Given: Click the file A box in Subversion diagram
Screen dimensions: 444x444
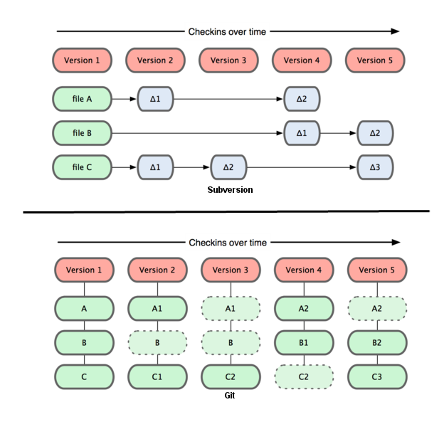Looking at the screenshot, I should pyautogui.click(x=82, y=99).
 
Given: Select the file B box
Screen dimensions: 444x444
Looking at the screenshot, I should pyautogui.click(x=82, y=132).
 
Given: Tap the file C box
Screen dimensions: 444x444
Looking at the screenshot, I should pyautogui.click(x=82, y=168).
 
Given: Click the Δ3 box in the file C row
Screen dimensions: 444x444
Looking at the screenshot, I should pyautogui.click(x=375, y=168).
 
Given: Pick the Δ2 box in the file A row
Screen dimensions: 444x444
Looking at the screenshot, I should pyautogui.click(x=302, y=99).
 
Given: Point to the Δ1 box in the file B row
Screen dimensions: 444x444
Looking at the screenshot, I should pyautogui.click(x=302, y=132).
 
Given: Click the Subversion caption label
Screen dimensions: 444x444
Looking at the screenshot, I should pyautogui.click(x=230, y=190).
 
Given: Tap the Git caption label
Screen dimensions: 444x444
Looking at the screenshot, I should pyautogui.click(x=229, y=395).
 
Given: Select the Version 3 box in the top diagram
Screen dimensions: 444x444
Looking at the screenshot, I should pyautogui.click(x=228, y=60).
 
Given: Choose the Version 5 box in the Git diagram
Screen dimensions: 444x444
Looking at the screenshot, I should pyautogui.click(x=376, y=270).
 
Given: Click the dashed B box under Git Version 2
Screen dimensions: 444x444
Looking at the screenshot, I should pyautogui.click(x=157, y=342).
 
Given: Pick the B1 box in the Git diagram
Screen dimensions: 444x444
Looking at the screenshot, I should pyautogui.click(x=303, y=342).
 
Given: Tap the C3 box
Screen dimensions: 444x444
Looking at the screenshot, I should pyautogui.click(x=376, y=376).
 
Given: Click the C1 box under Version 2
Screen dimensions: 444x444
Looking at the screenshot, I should pyautogui.click(x=157, y=376).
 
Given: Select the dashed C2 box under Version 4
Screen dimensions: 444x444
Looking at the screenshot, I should pyautogui.click(x=303, y=376).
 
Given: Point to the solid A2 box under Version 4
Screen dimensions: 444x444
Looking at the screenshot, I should pyautogui.click(x=303, y=309).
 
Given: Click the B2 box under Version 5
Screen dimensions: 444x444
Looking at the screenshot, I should pyautogui.click(x=376, y=342).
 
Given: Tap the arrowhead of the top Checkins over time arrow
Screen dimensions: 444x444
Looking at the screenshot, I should pyautogui.click(x=395, y=31).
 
